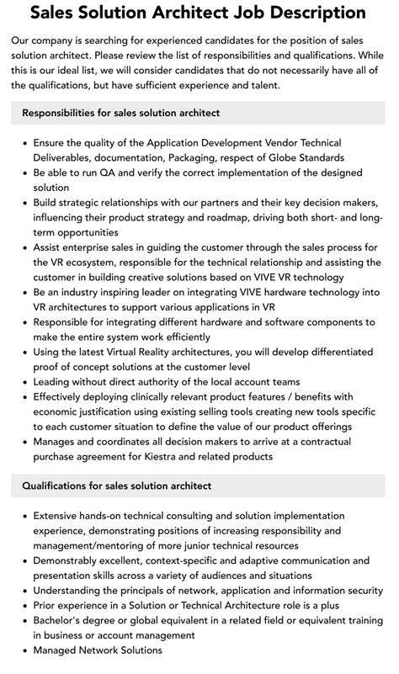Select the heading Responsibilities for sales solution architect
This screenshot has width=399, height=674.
click(x=120, y=114)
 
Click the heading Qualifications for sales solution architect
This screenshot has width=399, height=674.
click(x=116, y=486)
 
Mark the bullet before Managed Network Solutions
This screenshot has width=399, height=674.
click(x=24, y=650)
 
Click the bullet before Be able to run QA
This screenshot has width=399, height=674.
click(x=24, y=173)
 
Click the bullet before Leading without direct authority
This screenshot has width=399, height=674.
click(x=24, y=381)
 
